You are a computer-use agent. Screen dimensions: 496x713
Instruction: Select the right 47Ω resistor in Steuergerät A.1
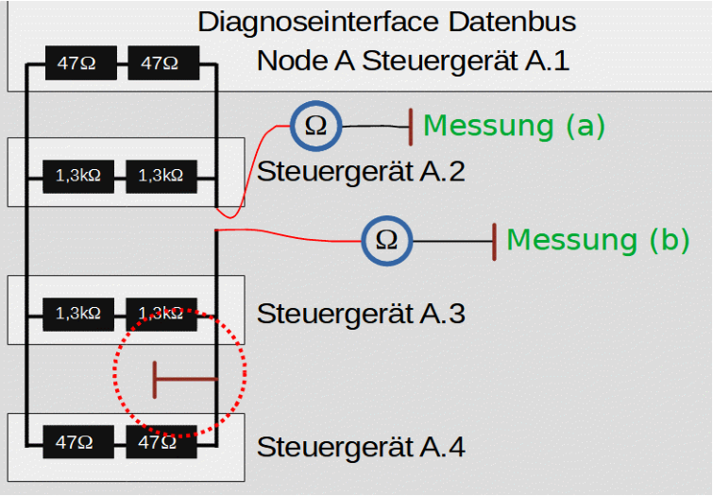161,64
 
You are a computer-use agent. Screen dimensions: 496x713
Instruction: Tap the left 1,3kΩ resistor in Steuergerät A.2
78,175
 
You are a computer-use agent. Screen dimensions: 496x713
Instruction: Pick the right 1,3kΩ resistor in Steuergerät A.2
161,175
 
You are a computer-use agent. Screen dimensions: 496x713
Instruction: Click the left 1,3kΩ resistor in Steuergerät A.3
78,313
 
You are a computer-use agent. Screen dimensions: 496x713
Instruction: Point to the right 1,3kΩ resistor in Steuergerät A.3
161,313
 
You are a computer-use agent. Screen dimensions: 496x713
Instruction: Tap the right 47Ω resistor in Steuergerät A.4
161,441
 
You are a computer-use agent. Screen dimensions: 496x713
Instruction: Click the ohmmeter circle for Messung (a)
315,126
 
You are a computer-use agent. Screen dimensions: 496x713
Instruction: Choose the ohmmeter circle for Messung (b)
387,240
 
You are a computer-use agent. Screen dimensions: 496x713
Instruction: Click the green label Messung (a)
514,125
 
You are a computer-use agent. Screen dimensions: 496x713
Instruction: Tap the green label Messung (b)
598,240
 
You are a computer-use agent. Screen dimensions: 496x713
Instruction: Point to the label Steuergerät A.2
361,172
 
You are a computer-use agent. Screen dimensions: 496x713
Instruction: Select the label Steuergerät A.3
361,313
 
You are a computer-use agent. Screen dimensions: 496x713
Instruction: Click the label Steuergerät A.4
361,445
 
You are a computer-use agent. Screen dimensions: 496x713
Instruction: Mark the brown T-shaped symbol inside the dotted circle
184,380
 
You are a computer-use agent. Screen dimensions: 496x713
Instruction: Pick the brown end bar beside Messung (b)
494,240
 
